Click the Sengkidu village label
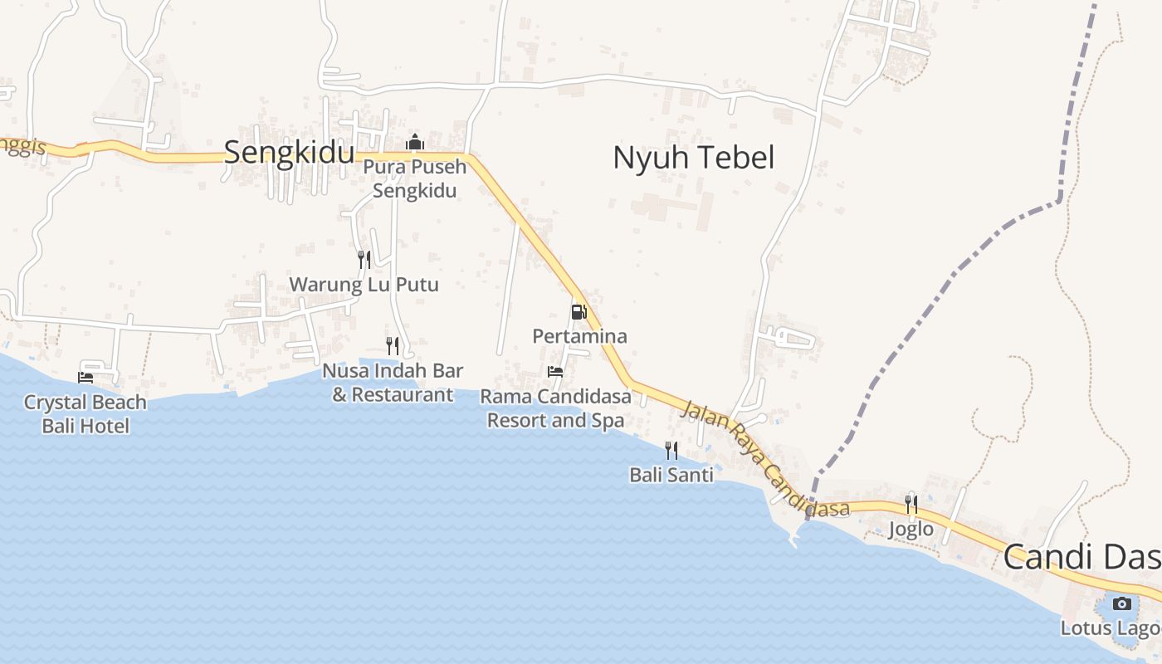coord(289,154)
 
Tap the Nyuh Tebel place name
coord(693,158)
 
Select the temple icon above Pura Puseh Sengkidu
coord(415,143)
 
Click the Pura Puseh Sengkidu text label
coord(415,178)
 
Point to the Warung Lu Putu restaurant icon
coord(364,260)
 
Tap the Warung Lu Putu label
coord(364,285)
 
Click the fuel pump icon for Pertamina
coord(579,312)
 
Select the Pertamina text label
coord(579,336)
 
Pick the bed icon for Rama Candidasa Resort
coord(555,371)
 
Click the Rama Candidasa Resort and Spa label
coord(555,408)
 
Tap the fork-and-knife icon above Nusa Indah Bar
coord(393,345)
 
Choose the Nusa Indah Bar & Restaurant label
coord(393,383)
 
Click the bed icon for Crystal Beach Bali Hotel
coord(85,377)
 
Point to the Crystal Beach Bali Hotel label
coord(85,414)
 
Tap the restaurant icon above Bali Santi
coord(671,451)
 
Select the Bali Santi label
coord(671,476)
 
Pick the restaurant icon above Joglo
coord(911,505)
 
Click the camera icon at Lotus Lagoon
coord(1122,603)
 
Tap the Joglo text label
coord(911,530)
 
